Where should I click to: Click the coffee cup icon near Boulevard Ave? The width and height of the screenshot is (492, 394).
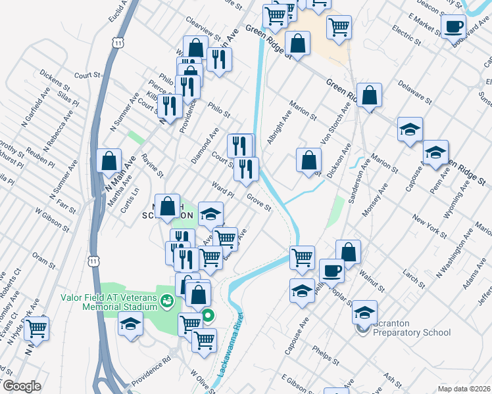[453, 27]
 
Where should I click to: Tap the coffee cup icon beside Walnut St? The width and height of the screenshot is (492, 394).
[332, 269]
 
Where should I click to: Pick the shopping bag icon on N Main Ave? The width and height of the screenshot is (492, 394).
[109, 160]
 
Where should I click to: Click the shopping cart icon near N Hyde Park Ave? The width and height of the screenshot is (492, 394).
[37, 327]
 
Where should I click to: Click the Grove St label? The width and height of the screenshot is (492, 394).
[259, 202]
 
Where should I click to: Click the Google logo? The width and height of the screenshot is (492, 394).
[22, 386]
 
